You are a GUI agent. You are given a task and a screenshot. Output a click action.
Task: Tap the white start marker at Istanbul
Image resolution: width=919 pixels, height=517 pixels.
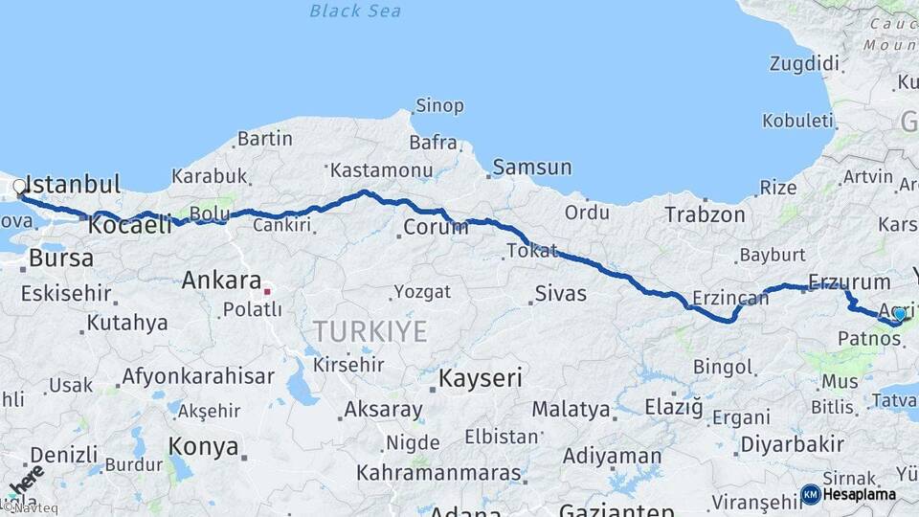coord(19,187)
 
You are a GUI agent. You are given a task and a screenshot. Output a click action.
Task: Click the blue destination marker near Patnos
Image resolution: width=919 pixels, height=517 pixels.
coord(899,314)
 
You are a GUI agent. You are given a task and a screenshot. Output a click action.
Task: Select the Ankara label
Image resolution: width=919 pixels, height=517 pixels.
coord(221,281)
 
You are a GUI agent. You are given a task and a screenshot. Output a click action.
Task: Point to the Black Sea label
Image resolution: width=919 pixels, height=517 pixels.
coord(355,11)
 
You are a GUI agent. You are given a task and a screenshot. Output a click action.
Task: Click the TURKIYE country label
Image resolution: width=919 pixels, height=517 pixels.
coord(370,331)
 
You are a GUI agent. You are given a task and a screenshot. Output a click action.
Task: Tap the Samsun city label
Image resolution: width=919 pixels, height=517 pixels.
coord(533,168)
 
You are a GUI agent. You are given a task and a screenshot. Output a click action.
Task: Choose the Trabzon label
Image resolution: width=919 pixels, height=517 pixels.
coord(705,214)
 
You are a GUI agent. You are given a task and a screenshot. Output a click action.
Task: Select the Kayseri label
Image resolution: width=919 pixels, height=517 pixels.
coord(481,378)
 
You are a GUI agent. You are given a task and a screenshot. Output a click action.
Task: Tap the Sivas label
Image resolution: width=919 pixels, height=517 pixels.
coord(560,293)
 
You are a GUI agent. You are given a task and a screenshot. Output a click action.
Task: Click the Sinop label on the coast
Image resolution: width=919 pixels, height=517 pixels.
coord(439,105)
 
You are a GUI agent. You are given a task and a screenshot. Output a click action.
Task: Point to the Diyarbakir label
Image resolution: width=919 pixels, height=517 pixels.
coord(792,444)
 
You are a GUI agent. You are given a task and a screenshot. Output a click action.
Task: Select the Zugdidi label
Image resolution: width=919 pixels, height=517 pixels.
coord(804,64)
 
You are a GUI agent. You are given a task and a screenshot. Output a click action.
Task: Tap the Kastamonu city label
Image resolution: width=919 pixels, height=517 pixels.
coord(381,170)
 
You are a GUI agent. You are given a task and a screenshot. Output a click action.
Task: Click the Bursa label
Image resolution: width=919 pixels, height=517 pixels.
coord(61,258)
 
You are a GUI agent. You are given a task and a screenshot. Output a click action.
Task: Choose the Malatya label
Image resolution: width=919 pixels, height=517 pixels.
coord(571,410)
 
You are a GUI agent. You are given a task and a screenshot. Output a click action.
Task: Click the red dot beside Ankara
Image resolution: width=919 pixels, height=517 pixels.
coord(269,290)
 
